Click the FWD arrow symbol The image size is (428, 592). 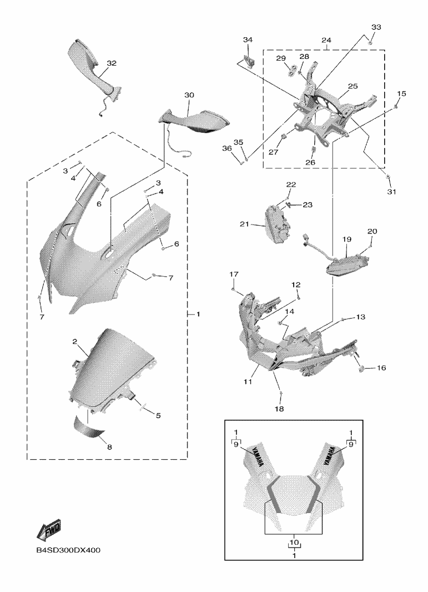coord(49,529)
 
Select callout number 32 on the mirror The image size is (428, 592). coord(112,63)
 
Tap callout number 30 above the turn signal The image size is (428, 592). coord(189,95)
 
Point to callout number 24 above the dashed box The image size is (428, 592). coord(326,41)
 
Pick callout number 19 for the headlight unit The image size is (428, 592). coord(347,239)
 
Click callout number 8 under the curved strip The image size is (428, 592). coord(109,447)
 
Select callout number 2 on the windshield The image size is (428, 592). coord(75,341)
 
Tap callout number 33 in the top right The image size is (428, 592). coord(376,27)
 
